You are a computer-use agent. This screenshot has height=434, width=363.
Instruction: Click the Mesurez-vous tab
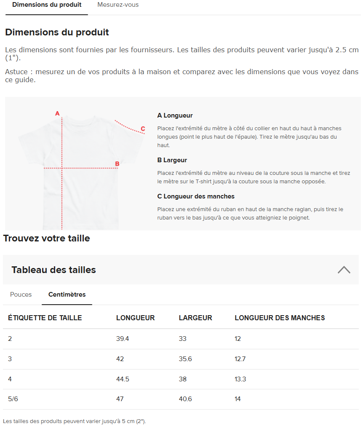point(118,5)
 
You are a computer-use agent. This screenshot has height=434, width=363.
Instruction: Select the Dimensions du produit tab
point(47,5)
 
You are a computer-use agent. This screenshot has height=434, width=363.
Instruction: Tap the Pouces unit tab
point(21,295)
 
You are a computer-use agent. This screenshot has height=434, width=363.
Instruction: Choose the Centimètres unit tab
point(67,295)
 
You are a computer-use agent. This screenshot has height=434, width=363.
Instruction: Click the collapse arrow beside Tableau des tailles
point(344,270)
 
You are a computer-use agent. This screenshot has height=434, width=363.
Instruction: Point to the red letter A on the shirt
point(58,113)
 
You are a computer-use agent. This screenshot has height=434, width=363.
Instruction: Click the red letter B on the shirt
point(117,164)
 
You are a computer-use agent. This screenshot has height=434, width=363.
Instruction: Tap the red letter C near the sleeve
point(143,129)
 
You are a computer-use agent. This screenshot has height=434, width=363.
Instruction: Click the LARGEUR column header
point(195,318)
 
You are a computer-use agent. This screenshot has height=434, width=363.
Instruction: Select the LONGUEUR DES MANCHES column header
point(280,318)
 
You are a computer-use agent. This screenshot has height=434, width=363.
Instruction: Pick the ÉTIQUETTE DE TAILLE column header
point(45,318)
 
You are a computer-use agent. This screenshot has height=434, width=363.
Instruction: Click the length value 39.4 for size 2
point(122,339)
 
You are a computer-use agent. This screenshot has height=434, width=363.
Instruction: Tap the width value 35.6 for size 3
point(185,359)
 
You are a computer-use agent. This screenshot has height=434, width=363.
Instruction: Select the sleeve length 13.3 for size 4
point(240,379)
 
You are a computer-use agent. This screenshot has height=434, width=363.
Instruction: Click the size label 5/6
point(13,399)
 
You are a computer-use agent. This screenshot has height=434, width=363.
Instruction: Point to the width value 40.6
point(185,399)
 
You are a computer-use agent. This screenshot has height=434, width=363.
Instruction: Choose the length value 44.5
point(123,379)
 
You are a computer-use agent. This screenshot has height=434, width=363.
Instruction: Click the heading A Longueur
point(175,115)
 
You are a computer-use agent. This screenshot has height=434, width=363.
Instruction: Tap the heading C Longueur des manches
point(196,196)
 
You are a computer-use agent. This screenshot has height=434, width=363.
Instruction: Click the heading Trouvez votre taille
point(47,238)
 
